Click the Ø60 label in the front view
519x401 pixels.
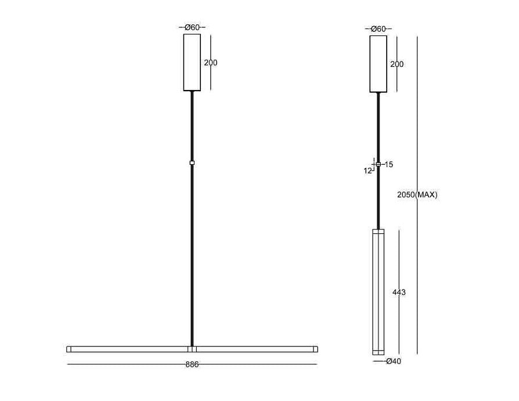pos(192,27)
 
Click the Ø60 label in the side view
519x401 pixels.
pos(378,29)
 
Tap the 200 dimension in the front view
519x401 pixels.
pos(211,63)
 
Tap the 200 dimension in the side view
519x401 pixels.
pos(397,64)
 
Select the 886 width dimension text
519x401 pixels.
pos(192,364)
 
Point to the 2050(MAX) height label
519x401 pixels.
pos(417,195)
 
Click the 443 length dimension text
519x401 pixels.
pos(399,292)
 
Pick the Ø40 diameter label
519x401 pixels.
pos(394,362)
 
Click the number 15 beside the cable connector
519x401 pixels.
pos(388,165)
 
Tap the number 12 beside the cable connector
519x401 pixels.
pos(368,171)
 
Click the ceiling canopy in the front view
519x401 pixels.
pos(192,63)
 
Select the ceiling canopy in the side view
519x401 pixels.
pos(378,64)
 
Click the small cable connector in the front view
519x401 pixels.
pos(192,163)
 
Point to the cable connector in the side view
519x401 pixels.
pos(379,165)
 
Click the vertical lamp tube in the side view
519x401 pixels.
pos(378,290)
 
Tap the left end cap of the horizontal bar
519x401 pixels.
pos(69,349)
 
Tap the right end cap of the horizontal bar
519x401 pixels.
pos(316,349)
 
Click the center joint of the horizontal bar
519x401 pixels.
pos(192,349)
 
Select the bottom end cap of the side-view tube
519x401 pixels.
pos(378,352)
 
